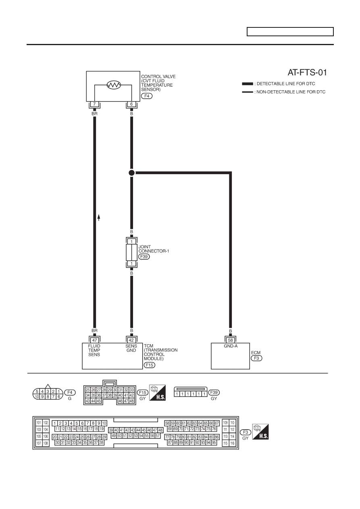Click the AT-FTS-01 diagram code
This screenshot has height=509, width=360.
pos(307,73)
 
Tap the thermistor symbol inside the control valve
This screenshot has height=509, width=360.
pos(114,85)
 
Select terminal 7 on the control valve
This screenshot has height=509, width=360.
pos(95,104)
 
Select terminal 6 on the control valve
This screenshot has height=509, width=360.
pos(131,104)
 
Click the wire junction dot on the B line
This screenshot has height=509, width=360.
pos(131,173)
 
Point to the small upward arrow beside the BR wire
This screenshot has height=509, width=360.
pos(99,218)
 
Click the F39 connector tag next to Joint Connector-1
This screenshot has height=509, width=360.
pos(144,257)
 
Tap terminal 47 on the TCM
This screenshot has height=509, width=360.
pos(95,340)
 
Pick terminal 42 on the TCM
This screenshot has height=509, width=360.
pos(131,340)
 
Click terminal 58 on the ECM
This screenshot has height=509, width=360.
pos(231,340)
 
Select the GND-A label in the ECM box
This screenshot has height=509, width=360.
pos(231,346)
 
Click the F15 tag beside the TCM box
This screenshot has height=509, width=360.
pos(150,365)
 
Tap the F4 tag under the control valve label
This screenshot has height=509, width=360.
pos(147,96)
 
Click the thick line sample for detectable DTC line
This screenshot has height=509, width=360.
pos(248,84)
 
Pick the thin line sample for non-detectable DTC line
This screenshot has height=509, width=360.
pos(248,92)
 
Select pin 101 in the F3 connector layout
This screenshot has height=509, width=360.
pos(39,423)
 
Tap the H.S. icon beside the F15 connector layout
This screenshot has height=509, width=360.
pos(157,393)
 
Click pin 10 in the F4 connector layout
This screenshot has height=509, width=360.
pos(37,397)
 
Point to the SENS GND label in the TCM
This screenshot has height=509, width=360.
pos(131,348)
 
